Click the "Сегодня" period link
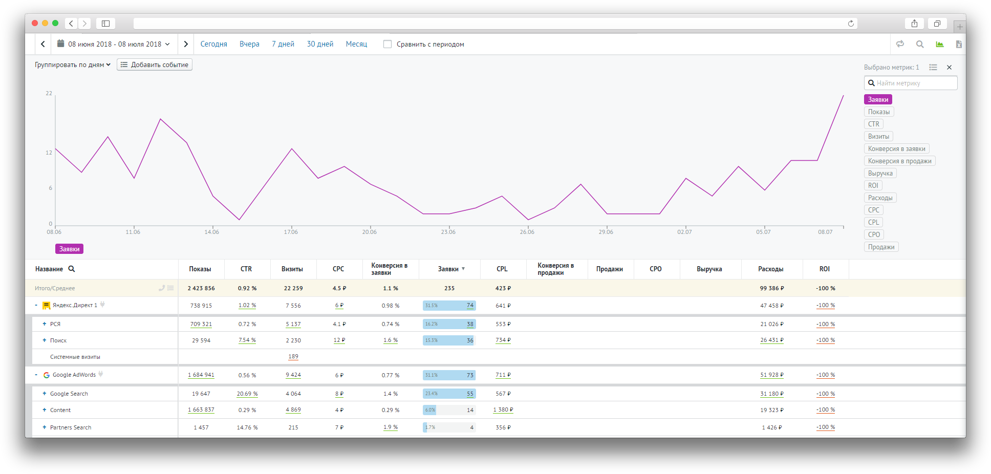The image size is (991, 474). pyautogui.click(x=213, y=44)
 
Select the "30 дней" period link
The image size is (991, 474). pyautogui.click(x=320, y=44)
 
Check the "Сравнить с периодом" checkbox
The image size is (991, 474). pyautogui.click(x=387, y=44)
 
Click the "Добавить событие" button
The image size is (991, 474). pyautogui.click(x=155, y=64)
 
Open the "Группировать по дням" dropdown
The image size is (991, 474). pyautogui.click(x=72, y=64)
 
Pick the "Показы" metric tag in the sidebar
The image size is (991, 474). pyautogui.click(x=878, y=112)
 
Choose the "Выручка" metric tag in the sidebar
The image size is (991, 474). pyautogui.click(x=880, y=173)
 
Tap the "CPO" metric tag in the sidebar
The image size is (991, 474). pyautogui.click(x=874, y=234)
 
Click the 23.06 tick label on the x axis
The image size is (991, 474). pyautogui.click(x=448, y=232)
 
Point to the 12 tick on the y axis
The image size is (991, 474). pyautogui.click(x=49, y=153)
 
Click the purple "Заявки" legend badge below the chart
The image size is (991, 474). pyautogui.click(x=69, y=249)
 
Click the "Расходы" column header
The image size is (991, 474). pyautogui.click(x=770, y=269)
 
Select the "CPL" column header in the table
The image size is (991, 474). pyautogui.click(x=502, y=269)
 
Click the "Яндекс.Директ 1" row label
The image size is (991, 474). pyautogui.click(x=75, y=305)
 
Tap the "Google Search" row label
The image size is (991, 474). pyautogui.click(x=69, y=394)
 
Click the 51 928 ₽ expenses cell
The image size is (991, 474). pyautogui.click(x=771, y=375)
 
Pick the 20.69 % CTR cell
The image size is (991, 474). pyautogui.click(x=247, y=394)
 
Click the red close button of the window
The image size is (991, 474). pyautogui.click(x=35, y=23)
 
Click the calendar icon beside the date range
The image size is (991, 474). pyautogui.click(x=60, y=44)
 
